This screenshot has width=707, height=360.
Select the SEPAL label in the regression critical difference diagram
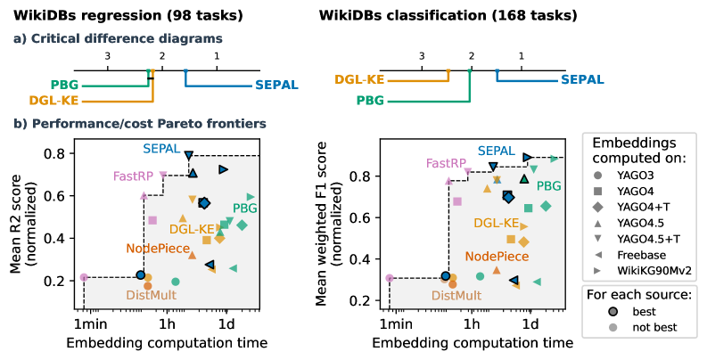pos(275,86)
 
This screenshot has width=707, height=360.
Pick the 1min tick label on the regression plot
pos(85,324)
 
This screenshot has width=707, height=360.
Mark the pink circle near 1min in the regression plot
pos(84,278)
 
